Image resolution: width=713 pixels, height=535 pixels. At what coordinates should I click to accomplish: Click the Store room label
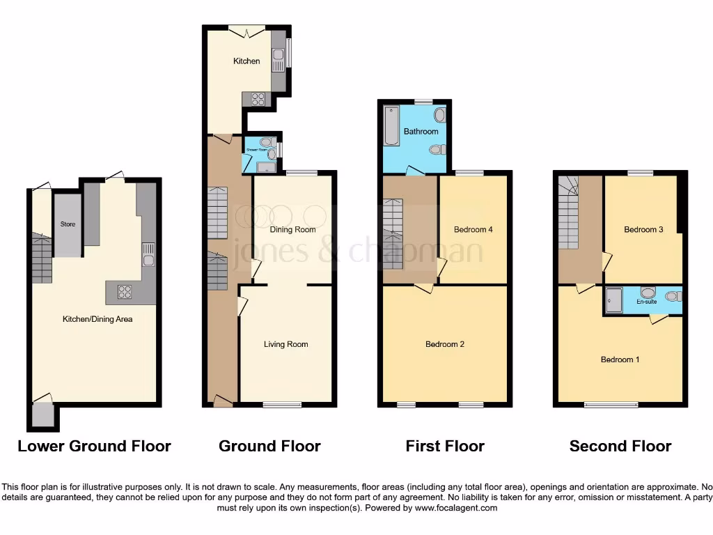pyautogui.click(x=68, y=224)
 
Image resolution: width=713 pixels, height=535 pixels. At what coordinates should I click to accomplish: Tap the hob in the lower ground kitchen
pyautogui.click(x=125, y=293)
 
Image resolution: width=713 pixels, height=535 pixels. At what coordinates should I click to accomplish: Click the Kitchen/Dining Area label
pyautogui.click(x=97, y=319)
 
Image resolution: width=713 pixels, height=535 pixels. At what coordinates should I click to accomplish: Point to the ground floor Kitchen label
pyautogui.click(x=246, y=61)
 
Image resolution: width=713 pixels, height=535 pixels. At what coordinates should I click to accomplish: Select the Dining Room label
pyautogui.click(x=292, y=229)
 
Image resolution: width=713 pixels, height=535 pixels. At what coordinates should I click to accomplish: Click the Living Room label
pyautogui.click(x=285, y=344)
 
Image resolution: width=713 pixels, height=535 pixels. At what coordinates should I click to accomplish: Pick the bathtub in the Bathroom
pyautogui.click(x=391, y=125)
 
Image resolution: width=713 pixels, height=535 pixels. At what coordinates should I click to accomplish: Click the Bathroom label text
pyautogui.click(x=421, y=132)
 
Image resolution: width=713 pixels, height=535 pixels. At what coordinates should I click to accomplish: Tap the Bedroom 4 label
pyautogui.click(x=473, y=229)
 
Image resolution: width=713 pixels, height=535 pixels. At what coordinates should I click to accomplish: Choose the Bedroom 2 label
pyautogui.click(x=445, y=344)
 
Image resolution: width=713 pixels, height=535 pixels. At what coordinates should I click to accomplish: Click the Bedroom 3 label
pyautogui.click(x=643, y=229)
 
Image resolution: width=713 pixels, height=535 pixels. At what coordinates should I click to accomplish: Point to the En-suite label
pyautogui.click(x=646, y=302)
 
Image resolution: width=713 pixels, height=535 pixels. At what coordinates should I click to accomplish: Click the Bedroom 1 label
pyautogui.click(x=620, y=359)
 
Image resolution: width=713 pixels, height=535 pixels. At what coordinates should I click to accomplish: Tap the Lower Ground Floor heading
pyautogui.click(x=94, y=447)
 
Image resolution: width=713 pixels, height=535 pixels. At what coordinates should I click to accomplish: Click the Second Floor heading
pyautogui.click(x=620, y=447)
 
